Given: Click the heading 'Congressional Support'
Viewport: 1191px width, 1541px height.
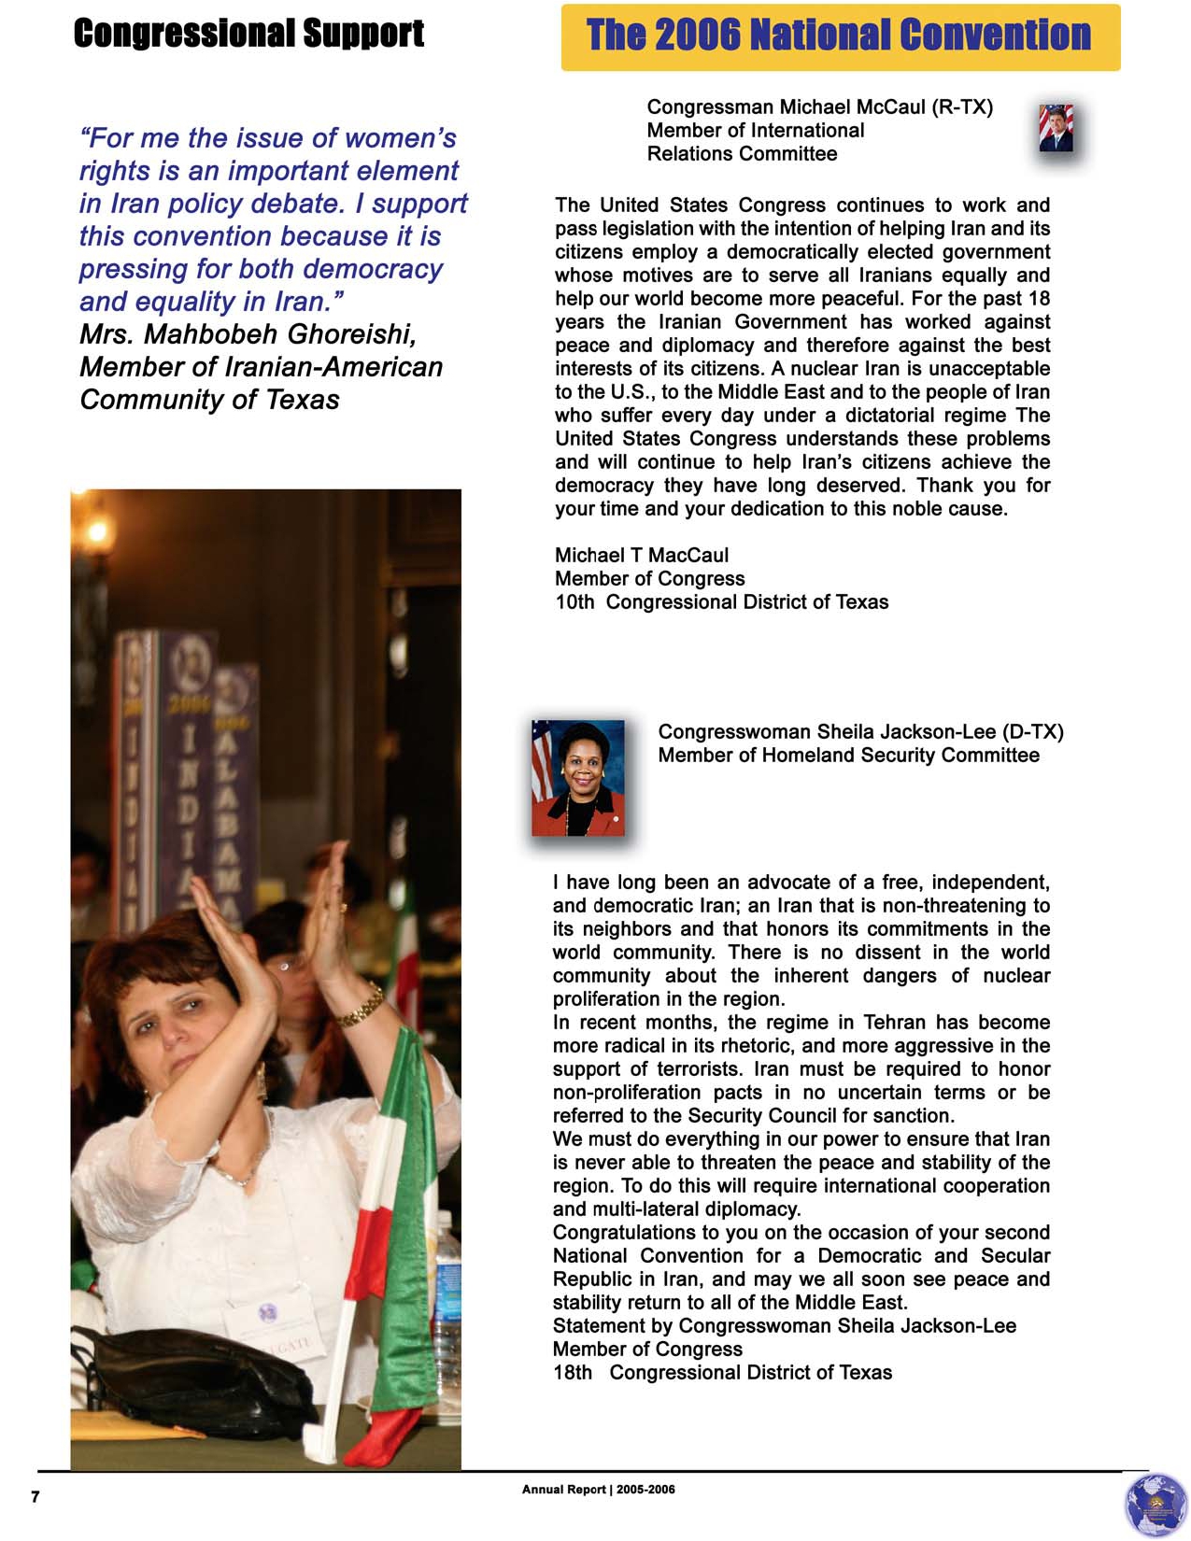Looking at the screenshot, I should pyautogui.click(x=248, y=34).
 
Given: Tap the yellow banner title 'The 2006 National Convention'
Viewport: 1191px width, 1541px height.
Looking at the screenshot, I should pyautogui.click(x=838, y=35).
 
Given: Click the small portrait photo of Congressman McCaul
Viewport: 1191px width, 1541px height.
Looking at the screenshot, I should pyautogui.click(x=1056, y=128).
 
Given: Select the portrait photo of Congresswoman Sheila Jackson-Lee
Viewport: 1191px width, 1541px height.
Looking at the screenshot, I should pyautogui.click(x=578, y=778).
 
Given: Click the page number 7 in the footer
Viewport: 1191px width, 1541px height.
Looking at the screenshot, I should pyautogui.click(x=35, y=1497).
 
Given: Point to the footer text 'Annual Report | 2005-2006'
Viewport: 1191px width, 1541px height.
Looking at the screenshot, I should pyautogui.click(x=598, y=1490).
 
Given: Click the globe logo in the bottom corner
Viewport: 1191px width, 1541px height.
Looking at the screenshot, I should pyautogui.click(x=1156, y=1504).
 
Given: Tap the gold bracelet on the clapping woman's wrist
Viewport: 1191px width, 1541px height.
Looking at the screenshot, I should pyautogui.click(x=361, y=1006).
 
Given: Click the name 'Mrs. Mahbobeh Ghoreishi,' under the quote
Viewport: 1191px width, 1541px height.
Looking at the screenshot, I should pyautogui.click(x=248, y=333).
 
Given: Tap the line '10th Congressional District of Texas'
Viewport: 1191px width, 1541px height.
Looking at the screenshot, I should pyautogui.click(x=721, y=602).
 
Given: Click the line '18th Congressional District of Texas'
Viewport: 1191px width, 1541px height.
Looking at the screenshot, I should pyautogui.click(x=722, y=1373).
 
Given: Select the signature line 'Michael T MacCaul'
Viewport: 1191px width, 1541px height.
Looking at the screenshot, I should pyautogui.click(x=641, y=556).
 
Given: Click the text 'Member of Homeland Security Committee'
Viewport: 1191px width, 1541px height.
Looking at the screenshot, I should pyautogui.click(x=848, y=756).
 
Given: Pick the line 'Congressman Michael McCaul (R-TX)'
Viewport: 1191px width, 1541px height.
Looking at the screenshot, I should pyautogui.click(x=819, y=107).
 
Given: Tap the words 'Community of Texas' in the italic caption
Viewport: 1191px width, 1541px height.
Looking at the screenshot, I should pyautogui.click(x=209, y=400).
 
